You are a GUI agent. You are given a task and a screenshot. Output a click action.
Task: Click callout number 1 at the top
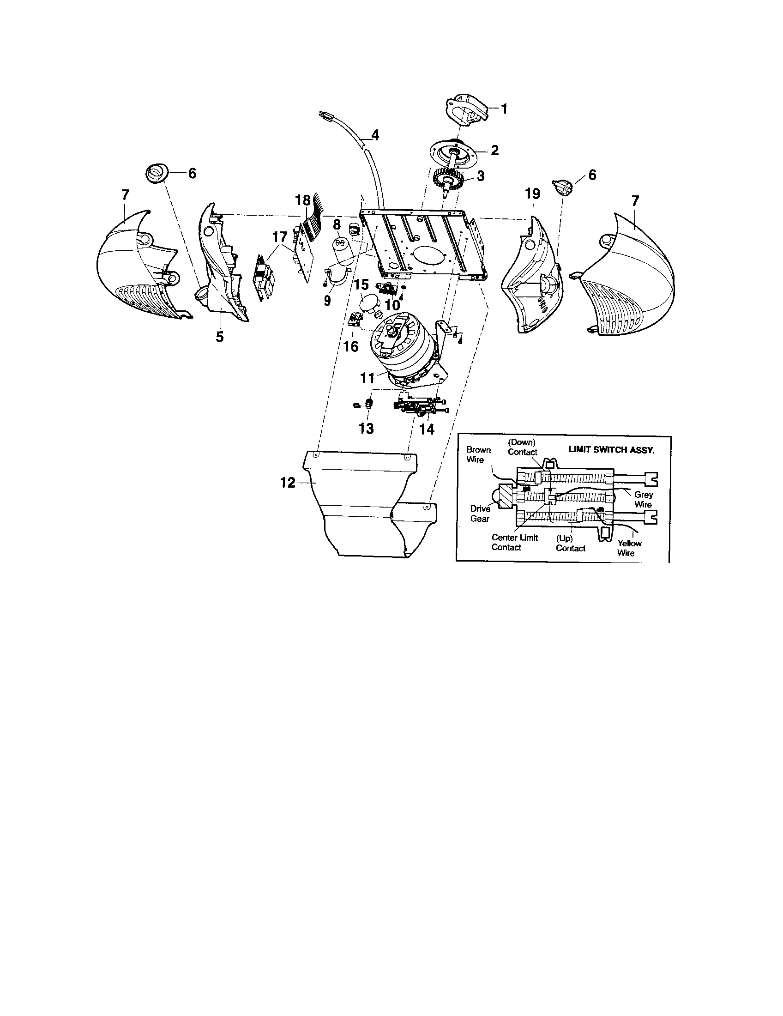[x=504, y=109]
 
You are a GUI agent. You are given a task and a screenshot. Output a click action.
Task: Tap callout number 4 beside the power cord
[x=375, y=135]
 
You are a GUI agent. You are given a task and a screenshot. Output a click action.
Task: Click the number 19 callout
[x=532, y=194]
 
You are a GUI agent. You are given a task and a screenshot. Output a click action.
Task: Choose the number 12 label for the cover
[x=288, y=484]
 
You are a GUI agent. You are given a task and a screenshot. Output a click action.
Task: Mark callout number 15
[x=362, y=284]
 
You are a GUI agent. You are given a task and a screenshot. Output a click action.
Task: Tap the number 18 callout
[x=303, y=200]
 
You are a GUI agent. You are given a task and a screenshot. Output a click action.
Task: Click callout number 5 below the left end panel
[x=219, y=337]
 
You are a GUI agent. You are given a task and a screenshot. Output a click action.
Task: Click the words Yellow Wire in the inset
[x=629, y=548]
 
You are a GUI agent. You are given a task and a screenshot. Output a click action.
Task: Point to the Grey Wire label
[x=643, y=500]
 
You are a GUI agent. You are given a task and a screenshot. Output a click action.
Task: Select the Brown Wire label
[x=478, y=454]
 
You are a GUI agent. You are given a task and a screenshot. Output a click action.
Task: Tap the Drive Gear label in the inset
[x=480, y=514]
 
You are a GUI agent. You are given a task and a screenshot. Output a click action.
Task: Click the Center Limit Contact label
[x=514, y=543]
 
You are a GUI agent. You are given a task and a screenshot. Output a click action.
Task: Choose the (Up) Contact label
[x=570, y=544]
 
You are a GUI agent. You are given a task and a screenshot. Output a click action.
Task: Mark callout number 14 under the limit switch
[x=427, y=429]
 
